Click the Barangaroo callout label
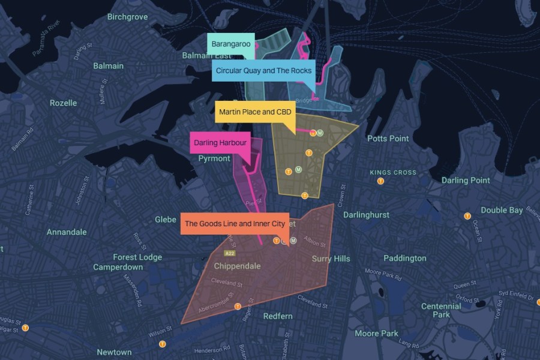coord(231,44)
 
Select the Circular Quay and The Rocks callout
coord(263,71)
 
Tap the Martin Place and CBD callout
coord(255,112)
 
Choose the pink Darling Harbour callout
coord(220,143)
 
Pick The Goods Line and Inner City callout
coord(235,224)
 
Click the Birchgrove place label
coord(127,17)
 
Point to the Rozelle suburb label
coord(63,103)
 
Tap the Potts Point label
coord(388,138)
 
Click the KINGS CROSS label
coord(393,173)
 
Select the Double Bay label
coord(501,210)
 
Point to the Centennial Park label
coord(441,310)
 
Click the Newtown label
coord(114,352)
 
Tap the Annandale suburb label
coord(67,232)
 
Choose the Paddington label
coord(405,258)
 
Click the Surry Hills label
coord(331,259)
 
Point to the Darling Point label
coord(466,180)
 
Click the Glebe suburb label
coord(166,220)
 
